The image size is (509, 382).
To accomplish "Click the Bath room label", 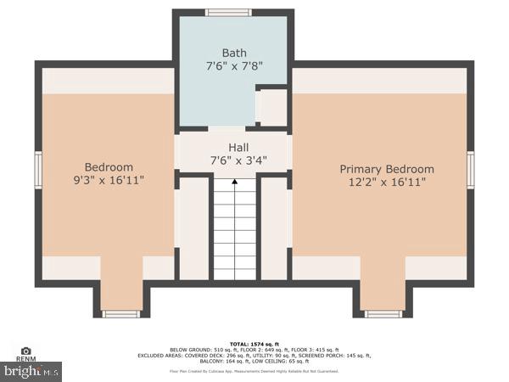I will click(x=233, y=53).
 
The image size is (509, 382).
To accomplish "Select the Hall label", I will click(x=233, y=146).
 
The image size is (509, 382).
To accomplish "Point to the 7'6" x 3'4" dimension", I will click(x=233, y=160).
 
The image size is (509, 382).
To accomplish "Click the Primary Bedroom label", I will click(x=387, y=169).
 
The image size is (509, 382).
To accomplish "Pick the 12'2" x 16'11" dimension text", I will click(x=387, y=182).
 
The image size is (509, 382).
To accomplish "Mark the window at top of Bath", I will click(x=229, y=13).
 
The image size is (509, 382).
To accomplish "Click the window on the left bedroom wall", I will click(x=37, y=170).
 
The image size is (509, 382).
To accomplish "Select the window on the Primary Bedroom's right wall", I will click(x=471, y=170).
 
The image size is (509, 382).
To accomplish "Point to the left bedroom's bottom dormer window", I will click(x=121, y=314).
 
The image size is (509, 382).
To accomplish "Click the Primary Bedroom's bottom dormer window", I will click(x=383, y=314).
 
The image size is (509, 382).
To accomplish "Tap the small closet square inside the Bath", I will click(x=271, y=108).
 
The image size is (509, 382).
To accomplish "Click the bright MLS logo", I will click(x=31, y=371).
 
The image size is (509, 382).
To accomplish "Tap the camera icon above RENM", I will click(x=25, y=351).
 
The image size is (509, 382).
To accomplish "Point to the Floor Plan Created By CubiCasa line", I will click(x=254, y=371).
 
